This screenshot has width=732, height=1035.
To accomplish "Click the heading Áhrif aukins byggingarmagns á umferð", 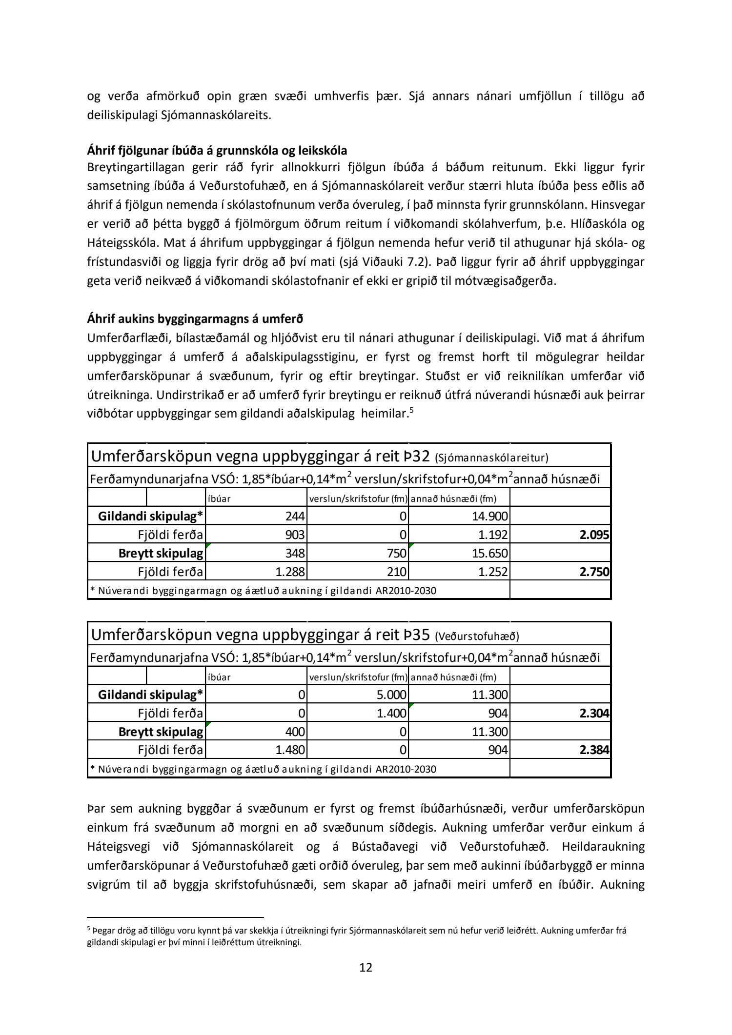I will click(195, 319).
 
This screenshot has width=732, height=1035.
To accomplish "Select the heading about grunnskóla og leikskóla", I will click(217, 150).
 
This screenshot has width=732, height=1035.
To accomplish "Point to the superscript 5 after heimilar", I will click(411, 410).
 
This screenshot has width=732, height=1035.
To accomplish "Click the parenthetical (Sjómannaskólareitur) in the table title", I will click(491, 458).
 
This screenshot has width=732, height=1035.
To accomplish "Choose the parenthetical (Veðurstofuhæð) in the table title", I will click(477, 637).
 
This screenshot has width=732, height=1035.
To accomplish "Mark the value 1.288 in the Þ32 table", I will click(290, 572).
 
